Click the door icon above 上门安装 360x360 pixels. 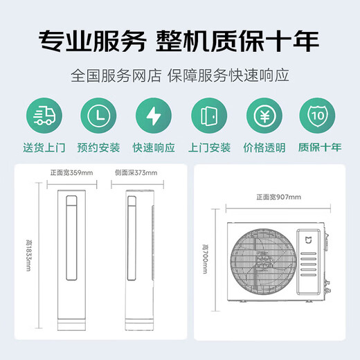208,116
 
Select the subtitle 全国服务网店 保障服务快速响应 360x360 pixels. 179,73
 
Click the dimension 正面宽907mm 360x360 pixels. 276,197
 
